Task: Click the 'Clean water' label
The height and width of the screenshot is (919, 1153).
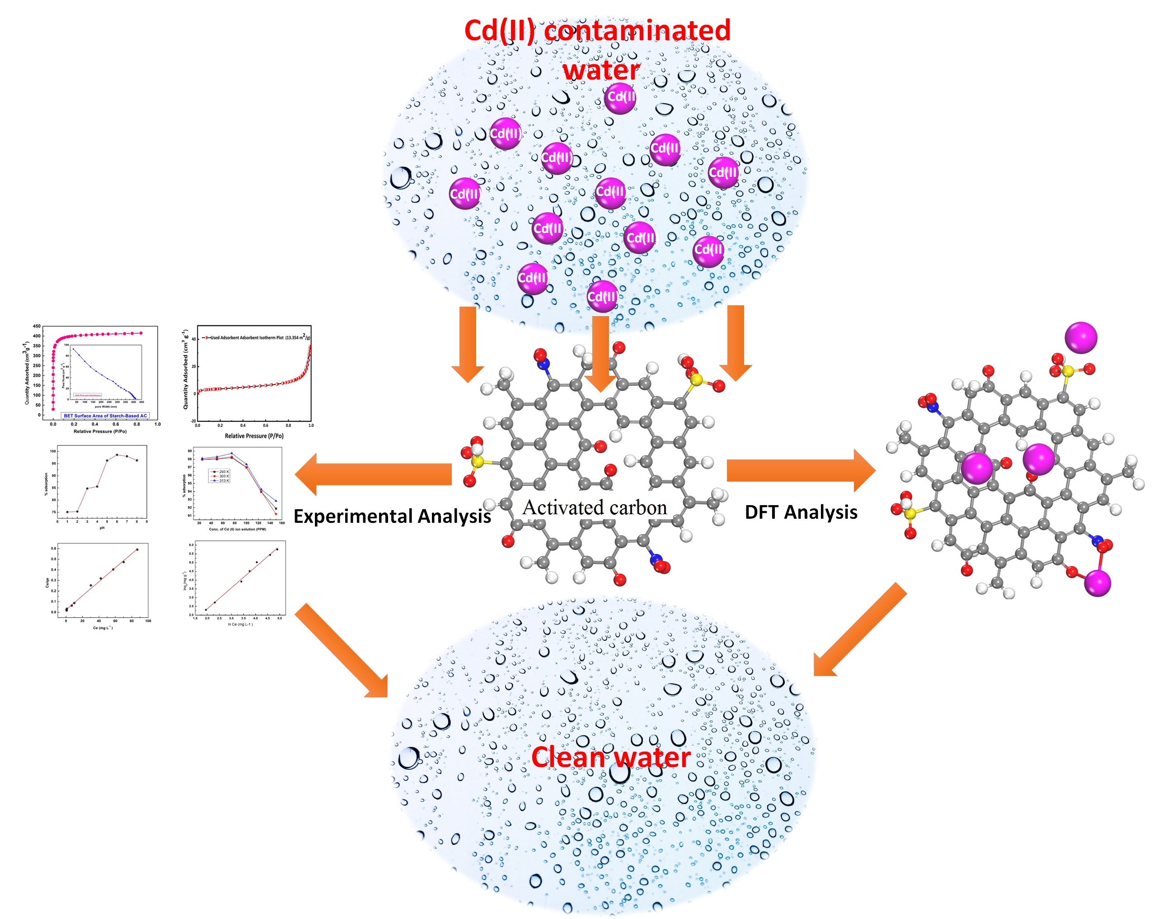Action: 611,757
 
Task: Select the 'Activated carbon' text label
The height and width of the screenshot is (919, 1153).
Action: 595,507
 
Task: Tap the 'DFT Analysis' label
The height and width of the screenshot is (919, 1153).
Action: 801,512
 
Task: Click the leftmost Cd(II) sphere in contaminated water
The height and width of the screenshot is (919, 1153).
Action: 464,193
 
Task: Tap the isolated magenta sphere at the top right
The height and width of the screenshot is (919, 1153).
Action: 1081,338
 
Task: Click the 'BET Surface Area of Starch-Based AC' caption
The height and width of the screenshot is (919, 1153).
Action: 105,415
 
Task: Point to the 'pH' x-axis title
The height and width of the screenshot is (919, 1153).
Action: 102,528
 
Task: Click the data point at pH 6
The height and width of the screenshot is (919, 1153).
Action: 117,455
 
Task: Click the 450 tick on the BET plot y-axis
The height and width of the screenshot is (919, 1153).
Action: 36,326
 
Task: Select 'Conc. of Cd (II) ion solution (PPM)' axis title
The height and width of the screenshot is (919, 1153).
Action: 238,529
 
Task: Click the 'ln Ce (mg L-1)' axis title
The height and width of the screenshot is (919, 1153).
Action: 240,624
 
